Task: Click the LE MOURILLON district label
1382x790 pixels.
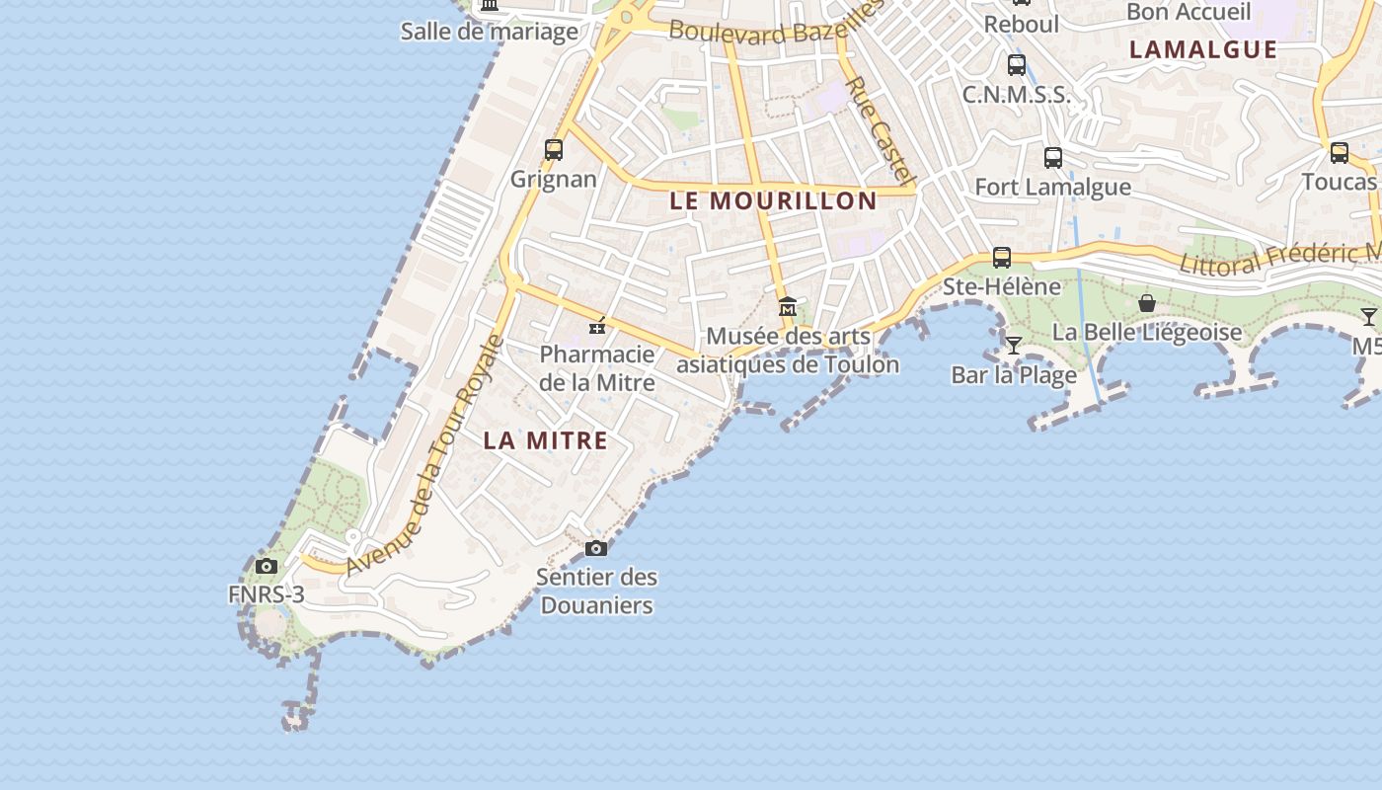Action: point(773,200)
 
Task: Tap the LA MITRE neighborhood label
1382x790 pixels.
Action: point(545,440)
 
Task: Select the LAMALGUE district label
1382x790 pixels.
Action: point(1202,49)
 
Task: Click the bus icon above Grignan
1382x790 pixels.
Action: point(554,150)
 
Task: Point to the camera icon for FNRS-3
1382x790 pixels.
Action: point(266,566)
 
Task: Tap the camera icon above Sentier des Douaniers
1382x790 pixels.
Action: point(596,548)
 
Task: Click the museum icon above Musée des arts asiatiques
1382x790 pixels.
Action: point(787,306)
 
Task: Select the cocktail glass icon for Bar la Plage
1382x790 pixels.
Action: point(1013,345)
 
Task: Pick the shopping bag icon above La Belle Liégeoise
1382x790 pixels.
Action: point(1146,302)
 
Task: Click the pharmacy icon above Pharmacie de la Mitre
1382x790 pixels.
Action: point(596,325)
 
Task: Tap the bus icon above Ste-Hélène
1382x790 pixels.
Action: point(1001,258)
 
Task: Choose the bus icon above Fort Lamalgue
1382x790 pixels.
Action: point(1052,157)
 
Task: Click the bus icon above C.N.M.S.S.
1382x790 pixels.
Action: point(1016,65)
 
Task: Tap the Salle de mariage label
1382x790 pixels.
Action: point(489,32)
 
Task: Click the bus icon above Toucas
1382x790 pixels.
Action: point(1339,153)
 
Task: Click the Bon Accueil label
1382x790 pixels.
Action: point(1188,12)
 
